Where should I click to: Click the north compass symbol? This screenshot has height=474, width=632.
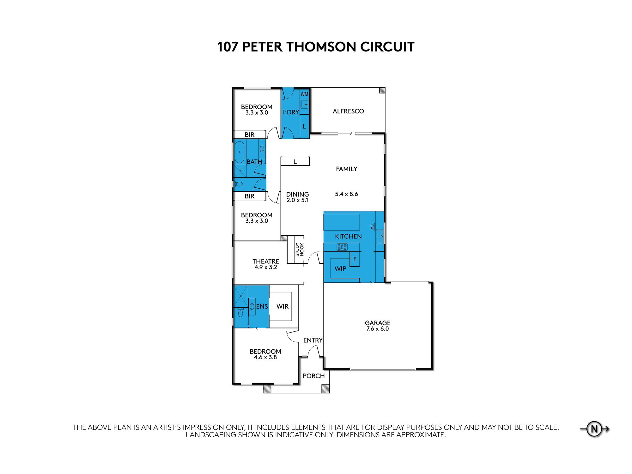coord(594,429)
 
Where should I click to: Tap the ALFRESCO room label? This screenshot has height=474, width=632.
coord(348,111)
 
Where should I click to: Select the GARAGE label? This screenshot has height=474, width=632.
coord(378,323)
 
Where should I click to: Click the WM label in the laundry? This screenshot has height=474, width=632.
coord(304,94)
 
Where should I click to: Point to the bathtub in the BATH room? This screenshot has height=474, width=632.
coord(240,152)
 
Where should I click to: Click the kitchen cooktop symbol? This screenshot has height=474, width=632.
coord(342,247)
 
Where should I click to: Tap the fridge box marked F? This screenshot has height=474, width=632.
coord(355,259)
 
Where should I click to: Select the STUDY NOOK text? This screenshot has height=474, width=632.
coord(300,249)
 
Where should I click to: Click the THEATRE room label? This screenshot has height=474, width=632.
coord(266,261)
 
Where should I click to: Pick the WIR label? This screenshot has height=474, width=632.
coord(283,307)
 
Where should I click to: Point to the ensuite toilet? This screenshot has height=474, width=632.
coord(241,313)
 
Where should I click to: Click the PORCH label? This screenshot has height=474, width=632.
coord(314,376)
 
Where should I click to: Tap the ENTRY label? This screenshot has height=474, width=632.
coord(313,340)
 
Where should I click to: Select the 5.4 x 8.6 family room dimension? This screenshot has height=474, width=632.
coord(347,194)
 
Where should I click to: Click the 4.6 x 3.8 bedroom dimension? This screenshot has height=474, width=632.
coord(265,357)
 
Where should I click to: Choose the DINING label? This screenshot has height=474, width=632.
coord(298,194)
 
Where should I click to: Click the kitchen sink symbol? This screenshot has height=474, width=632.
coord(380,237)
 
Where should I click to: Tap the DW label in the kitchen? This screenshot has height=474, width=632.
coord(372,227)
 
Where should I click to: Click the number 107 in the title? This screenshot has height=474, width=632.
coord(228,47)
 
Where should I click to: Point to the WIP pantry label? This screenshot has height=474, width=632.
coord(340,269)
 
